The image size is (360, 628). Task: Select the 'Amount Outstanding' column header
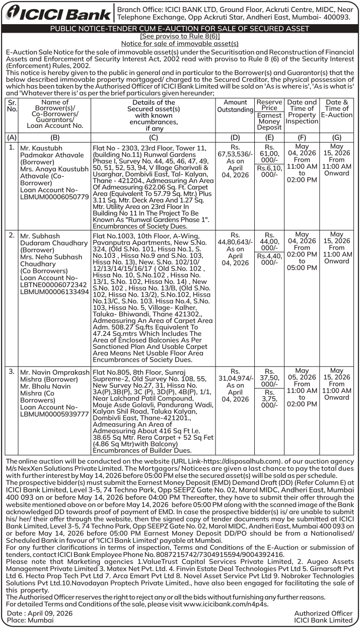[x=235, y=106]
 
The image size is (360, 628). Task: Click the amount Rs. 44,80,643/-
[x=235, y=242]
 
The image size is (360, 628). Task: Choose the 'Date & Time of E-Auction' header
[x=337, y=108]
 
